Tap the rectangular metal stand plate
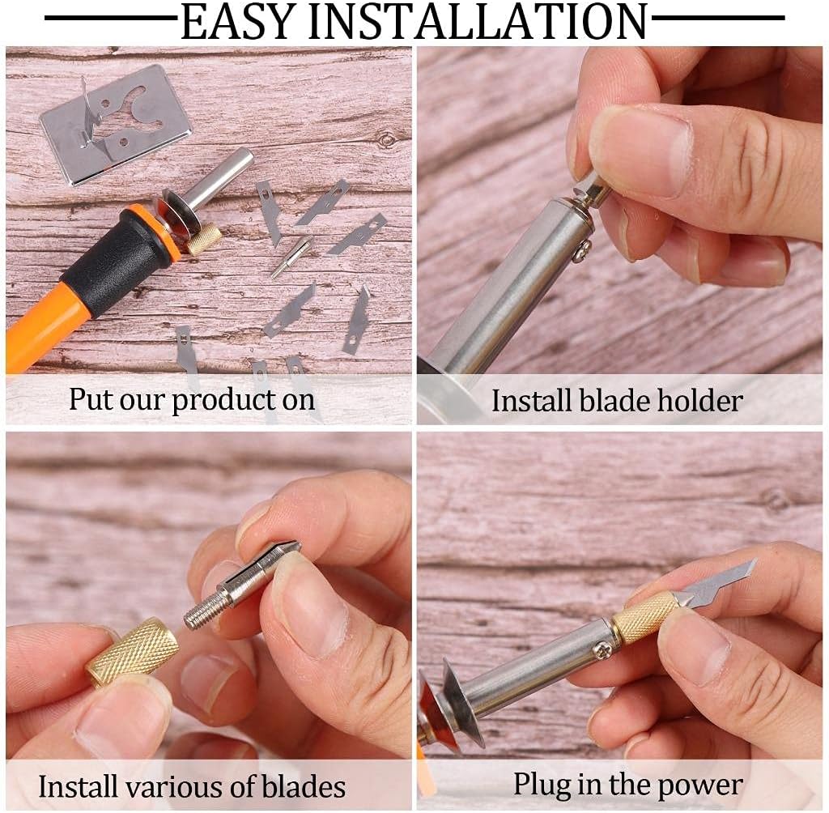115,124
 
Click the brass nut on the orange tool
204,240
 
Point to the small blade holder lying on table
291,256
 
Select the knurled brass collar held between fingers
132,651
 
